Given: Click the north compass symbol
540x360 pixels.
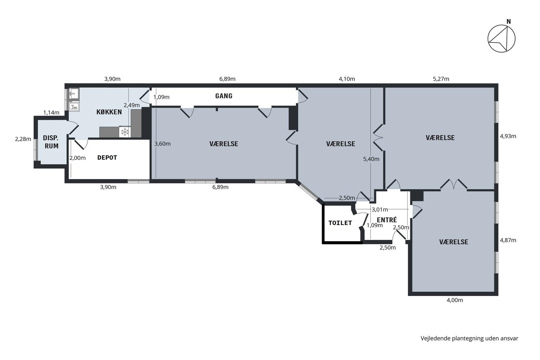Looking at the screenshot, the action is [x=501, y=39].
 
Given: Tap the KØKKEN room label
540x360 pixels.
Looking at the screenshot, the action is [x=109, y=112].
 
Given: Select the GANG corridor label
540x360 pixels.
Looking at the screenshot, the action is [x=224, y=96].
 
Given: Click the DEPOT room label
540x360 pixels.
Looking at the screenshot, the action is [x=107, y=157].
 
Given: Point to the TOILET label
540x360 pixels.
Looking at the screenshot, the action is [x=340, y=223].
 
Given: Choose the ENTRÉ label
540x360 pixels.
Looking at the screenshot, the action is [x=386, y=220].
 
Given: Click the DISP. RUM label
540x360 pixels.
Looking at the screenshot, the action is [x=51, y=142].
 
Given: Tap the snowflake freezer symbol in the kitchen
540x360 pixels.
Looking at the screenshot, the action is [x=125, y=132].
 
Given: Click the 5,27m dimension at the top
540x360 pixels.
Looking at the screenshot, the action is [x=441, y=79].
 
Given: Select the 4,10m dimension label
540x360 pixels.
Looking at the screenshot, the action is [x=347, y=79].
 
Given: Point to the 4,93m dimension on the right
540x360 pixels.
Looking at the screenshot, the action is [x=508, y=136].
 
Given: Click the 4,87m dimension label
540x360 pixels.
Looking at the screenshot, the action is [x=508, y=240].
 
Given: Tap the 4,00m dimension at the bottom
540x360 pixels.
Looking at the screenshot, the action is [x=455, y=300].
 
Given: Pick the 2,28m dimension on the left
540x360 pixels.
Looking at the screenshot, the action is [x=23, y=139].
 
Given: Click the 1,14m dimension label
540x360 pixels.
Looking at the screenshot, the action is [x=51, y=113].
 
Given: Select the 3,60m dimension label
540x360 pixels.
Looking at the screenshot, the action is [x=162, y=144].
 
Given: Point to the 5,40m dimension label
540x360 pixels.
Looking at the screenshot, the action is [x=371, y=159].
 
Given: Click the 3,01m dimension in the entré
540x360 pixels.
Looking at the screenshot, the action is [x=380, y=210].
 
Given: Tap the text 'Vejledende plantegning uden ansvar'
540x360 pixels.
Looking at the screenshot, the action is [x=469, y=338].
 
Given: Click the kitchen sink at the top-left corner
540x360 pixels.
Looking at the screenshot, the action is [x=74, y=93].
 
